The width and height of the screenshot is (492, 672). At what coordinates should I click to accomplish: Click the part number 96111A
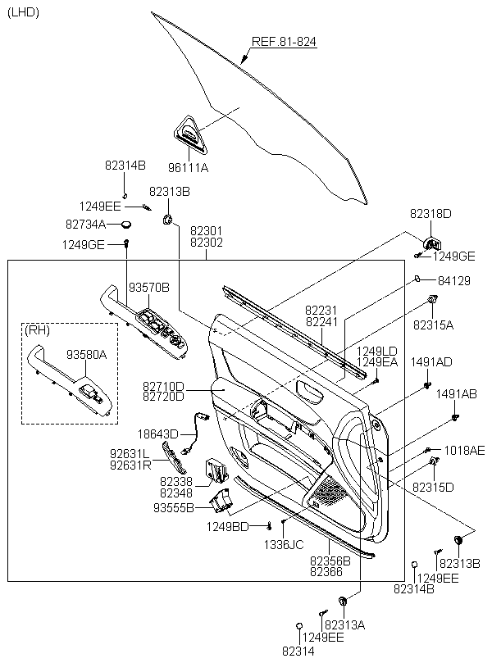click(x=188, y=167)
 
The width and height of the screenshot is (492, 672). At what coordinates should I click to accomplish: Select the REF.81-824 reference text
click(x=284, y=42)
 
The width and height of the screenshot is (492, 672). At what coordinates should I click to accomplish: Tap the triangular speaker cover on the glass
click(x=190, y=134)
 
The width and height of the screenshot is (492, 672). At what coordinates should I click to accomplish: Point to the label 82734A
click(x=86, y=225)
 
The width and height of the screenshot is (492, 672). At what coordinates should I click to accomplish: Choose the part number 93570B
click(x=149, y=288)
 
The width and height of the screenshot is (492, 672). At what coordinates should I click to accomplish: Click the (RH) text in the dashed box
click(x=37, y=330)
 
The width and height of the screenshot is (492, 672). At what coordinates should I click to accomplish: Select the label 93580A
click(x=87, y=354)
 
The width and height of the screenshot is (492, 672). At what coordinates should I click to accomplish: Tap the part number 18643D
click(x=158, y=434)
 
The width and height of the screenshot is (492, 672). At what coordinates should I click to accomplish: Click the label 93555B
click(x=174, y=508)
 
